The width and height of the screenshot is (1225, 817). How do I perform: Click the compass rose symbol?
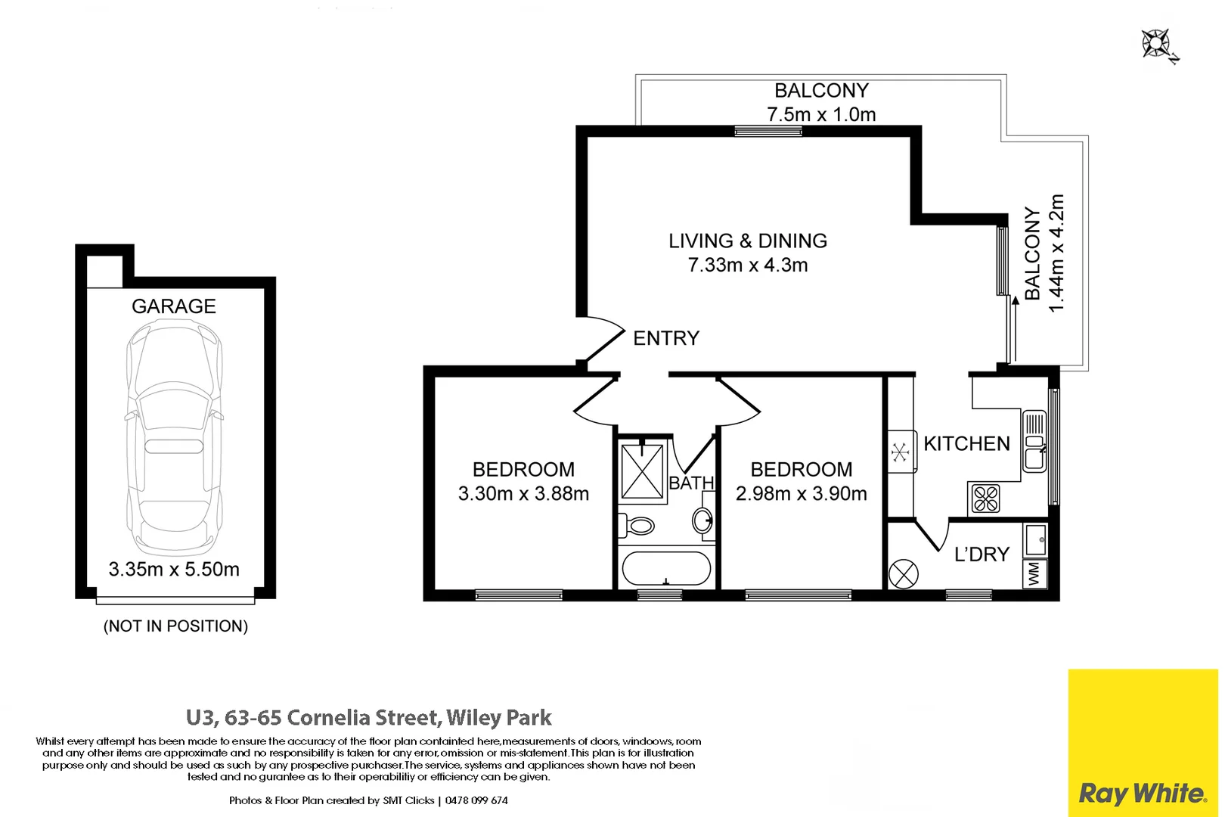click(x=1157, y=44)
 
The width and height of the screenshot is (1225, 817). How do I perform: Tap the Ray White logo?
click(x=1142, y=793)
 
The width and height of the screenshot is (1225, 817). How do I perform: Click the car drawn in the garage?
click(x=175, y=437)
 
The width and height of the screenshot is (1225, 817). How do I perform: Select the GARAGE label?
click(x=173, y=306)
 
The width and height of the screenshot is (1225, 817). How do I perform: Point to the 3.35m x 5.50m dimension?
click(x=174, y=569)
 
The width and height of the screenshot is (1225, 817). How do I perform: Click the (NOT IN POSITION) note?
click(x=175, y=626)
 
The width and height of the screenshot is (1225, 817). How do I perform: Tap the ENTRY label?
click(x=665, y=338)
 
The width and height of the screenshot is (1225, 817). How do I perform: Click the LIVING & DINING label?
click(x=747, y=241)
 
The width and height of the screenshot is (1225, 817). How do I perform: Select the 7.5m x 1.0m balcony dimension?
click(x=821, y=114)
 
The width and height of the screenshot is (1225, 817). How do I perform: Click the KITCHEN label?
click(x=966, y=443)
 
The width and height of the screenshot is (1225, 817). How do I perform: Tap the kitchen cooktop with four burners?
click(x=985, y=499)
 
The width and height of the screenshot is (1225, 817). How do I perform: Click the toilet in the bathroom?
click(x=636, y=524)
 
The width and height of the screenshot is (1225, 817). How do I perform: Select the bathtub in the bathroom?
click(x=665, y=568)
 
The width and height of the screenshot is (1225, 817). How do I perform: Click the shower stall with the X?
click(x=642, y=472)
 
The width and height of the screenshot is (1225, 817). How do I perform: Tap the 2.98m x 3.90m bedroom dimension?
click(x=801, y=494)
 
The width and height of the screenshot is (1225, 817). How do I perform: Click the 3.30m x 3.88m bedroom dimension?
click(x=523, y=494)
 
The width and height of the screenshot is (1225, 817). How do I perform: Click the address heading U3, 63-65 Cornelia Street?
click(x=369, y=717)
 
